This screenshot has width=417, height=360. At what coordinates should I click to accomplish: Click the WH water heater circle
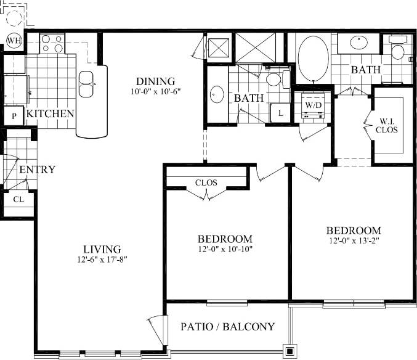[13, 41]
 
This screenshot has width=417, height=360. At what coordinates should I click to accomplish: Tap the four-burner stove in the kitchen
[52, 43]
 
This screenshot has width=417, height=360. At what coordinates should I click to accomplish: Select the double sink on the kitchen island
[88, 84]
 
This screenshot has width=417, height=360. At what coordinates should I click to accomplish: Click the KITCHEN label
[51, 113]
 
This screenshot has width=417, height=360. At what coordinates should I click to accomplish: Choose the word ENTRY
[37, 170]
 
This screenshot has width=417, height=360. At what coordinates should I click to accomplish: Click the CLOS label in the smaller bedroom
[206, 182]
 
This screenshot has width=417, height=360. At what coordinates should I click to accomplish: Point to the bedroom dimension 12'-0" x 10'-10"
[225, 249]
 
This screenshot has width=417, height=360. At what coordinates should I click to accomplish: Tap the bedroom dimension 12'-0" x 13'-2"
[353, 241]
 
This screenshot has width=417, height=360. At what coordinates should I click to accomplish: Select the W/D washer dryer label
[314, 105]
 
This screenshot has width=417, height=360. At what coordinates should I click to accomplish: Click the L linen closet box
[281, 113]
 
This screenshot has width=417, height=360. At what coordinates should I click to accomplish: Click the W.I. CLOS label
[387, 125]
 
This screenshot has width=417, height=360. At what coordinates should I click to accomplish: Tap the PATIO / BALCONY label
[227, 327]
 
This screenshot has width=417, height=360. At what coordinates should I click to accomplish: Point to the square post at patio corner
[289, 352]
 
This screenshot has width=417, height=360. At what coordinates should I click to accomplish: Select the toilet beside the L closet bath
[276, 79]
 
